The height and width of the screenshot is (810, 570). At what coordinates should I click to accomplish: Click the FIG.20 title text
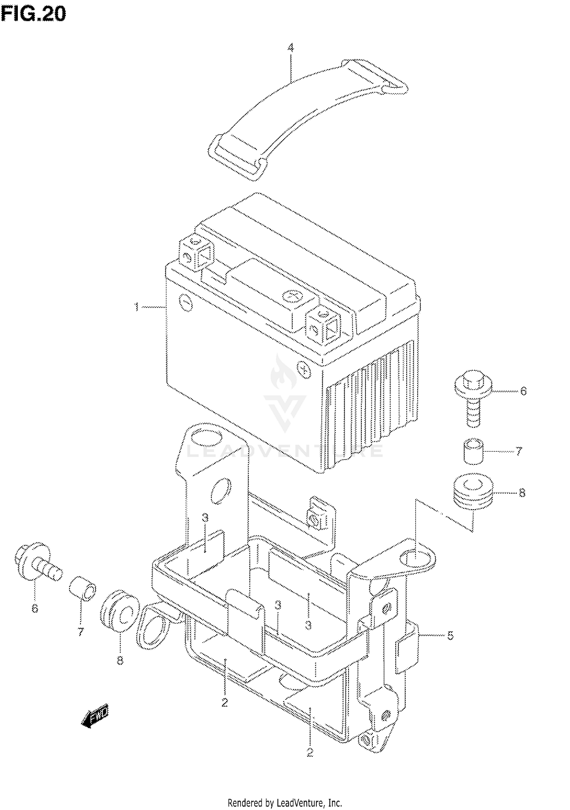coord(33,14)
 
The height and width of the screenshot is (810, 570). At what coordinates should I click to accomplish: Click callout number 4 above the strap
coord(291,48)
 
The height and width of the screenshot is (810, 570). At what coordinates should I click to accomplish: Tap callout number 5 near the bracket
coord(450,635)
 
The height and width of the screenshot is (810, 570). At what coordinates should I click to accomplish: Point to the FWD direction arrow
coord(95,716)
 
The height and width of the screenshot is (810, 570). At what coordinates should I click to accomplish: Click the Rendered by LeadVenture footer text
coord(285,803)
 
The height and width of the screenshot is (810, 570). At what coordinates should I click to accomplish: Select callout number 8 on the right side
coord(522,493)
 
